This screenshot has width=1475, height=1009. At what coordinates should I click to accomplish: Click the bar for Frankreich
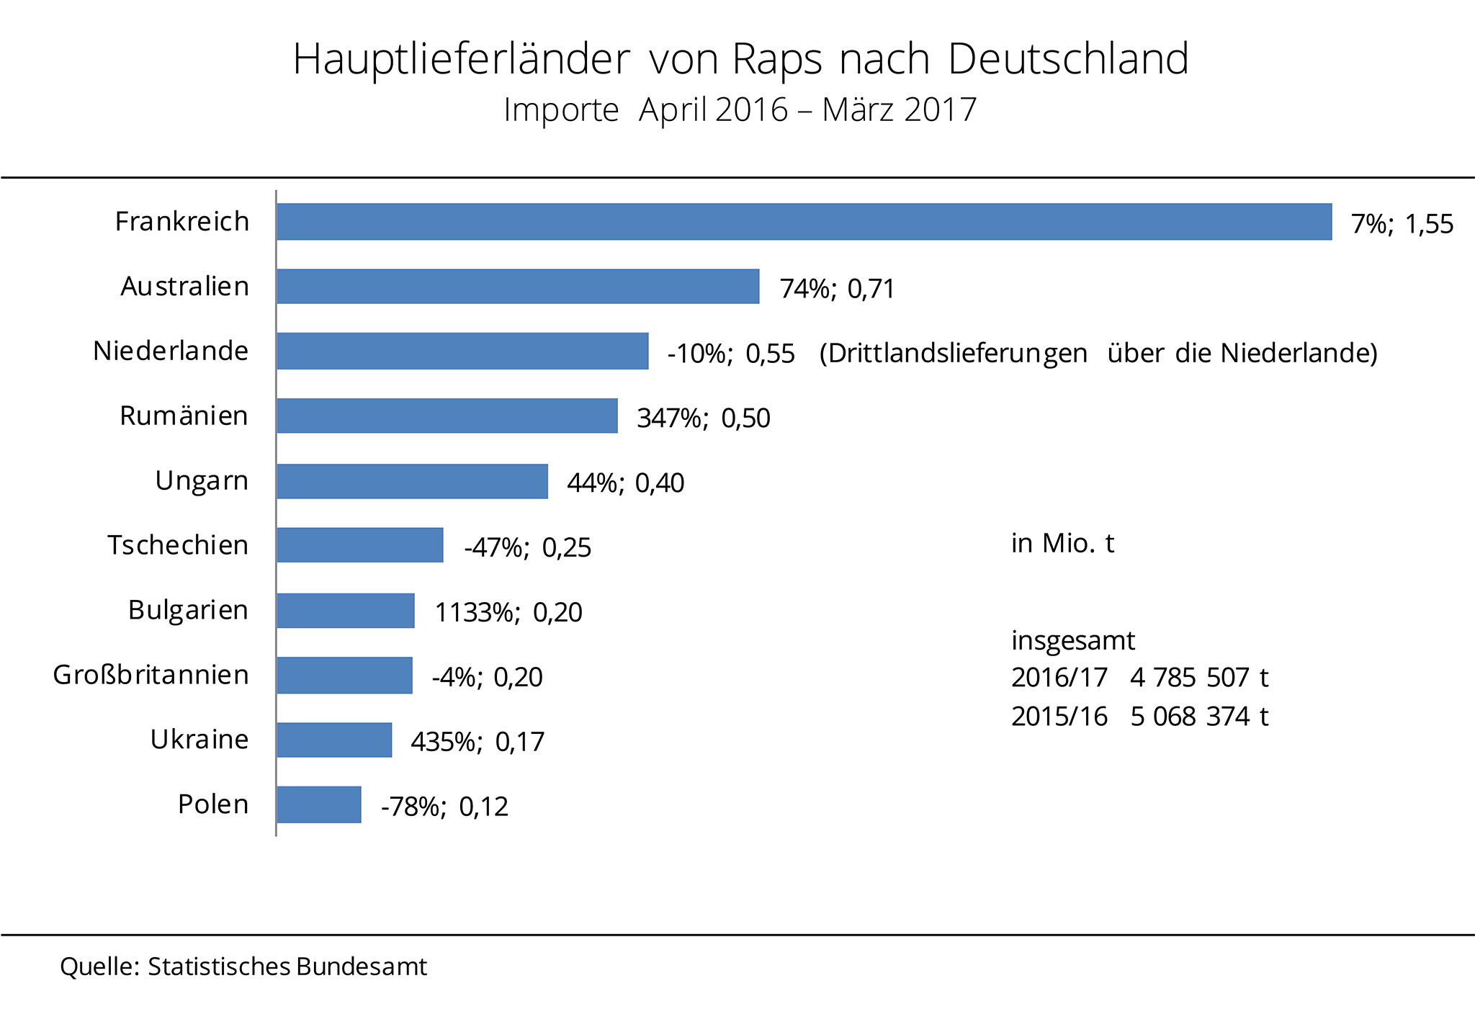(804, 222)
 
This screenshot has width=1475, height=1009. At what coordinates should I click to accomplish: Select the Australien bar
(518, 287)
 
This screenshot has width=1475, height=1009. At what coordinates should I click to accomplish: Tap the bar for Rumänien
(447, 416)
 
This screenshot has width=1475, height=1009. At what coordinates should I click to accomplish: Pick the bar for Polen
(319, 804)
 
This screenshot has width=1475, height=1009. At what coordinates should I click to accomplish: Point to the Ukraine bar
(334, 740)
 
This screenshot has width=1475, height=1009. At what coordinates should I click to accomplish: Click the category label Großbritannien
(151, 675)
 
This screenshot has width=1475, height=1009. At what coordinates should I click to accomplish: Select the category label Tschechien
(178, 545)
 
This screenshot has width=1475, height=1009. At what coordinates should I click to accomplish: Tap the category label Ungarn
(202, 480)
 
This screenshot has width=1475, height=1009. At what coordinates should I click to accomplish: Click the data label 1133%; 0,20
(508, 612)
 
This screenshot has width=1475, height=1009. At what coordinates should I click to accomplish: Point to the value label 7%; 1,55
(1402, 224)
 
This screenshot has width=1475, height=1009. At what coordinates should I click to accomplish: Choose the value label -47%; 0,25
(527, 547)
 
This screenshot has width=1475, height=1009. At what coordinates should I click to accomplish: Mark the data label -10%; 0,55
(731, 354)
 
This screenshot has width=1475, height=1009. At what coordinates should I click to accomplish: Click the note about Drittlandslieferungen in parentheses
(1098, 353)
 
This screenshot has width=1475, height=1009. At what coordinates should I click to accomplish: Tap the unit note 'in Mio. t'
(1062, 543)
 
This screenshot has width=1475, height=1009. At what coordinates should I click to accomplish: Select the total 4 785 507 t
(1199, 677)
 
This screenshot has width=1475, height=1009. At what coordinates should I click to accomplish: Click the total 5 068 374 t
(1199, 716)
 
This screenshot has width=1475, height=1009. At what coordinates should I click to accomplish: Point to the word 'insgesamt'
(1073, 640)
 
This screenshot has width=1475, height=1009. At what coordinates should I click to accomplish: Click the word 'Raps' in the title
(777, 59)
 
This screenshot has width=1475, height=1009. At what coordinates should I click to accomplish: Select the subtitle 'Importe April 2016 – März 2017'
(740, 110)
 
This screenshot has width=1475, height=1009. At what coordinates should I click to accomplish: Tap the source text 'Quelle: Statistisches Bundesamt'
(243, 967)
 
